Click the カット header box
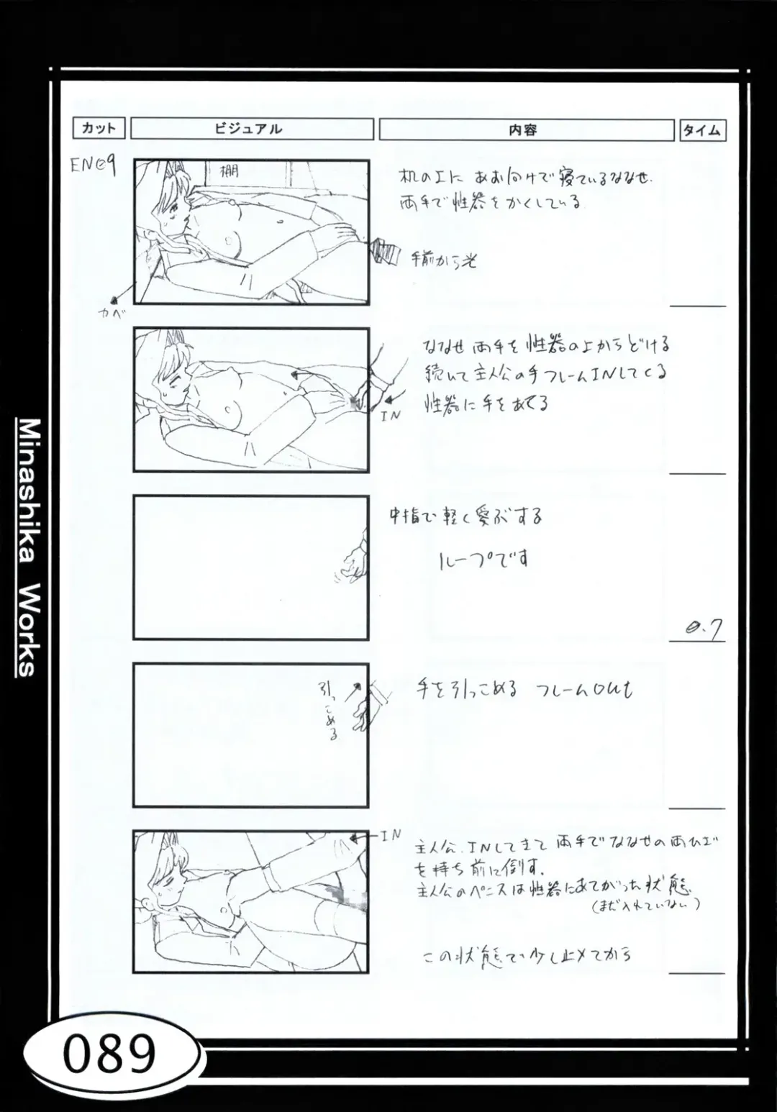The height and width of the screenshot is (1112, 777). tap(99, 129)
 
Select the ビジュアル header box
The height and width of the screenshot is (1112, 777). tap(252, 129)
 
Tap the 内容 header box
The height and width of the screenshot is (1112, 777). tap(525, 130)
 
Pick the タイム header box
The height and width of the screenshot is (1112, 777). tap(701, 130)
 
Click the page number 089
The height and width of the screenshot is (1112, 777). tap(109, 1054)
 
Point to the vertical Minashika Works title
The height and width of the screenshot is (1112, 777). tap(27, 547)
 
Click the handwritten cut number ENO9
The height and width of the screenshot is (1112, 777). tap(93, 165)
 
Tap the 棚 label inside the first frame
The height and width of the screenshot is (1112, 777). tap(229, 172)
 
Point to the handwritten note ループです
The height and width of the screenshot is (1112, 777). tap(483, 558)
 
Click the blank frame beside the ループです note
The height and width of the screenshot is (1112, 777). tap(250, 567)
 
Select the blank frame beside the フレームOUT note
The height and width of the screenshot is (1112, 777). tap(250, 734)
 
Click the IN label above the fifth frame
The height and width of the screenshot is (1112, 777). tap(390, 835)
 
